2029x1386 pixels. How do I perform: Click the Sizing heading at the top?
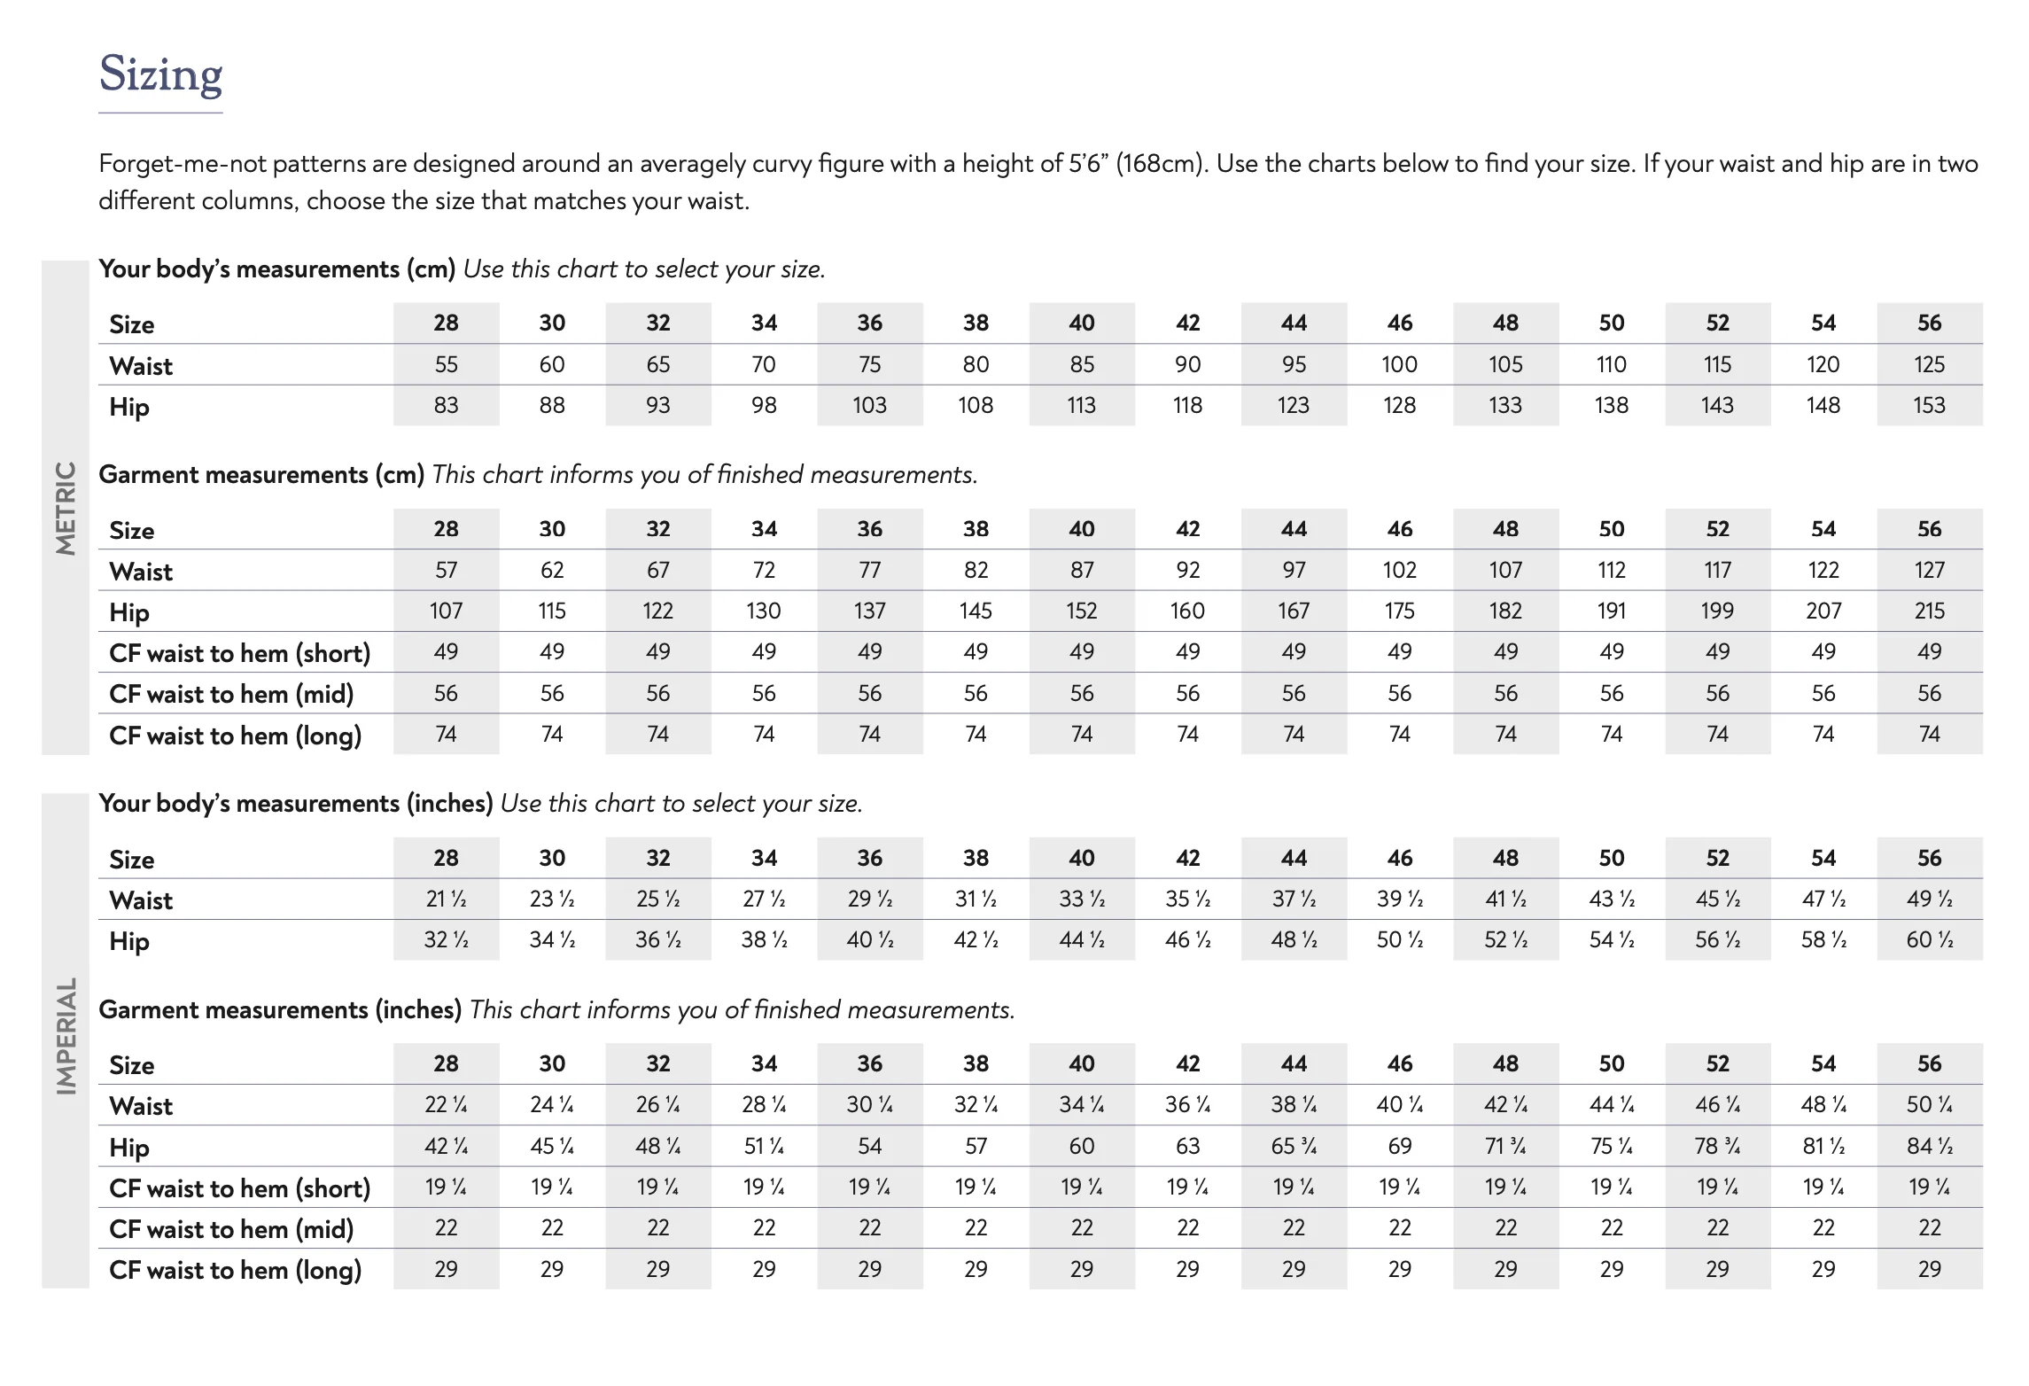pyautogui.click(x=160, y=74)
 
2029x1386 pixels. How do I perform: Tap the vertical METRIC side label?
pyautogui.click(x=66, y=508)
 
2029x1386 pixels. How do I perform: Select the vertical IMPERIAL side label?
pyautogui.click(x=66, y=1036)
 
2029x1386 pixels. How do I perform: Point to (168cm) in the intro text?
pyautogui.click(x=1161, y=164)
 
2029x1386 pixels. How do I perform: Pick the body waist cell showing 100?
pyautogui.click(x=1399, y=364)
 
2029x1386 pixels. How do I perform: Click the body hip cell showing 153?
pyautogui.click(x=1929, y=405)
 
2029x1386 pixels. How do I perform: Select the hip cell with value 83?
pyautogui.click(x=446, y=405)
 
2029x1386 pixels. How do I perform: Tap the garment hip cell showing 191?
pyautogui.click(x=1611, y=611)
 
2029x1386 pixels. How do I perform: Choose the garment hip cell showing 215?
pyautogui.click(x=1929, y=611)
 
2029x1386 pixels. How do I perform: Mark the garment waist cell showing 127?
pyautogui.click(x=1929, y=570)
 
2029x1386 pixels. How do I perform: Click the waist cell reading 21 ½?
pyautogui.click(x=446, y=899)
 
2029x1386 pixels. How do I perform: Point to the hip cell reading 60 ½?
pyautogui.click(x=1929, y=939)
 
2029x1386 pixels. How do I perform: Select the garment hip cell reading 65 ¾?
pyautogui.click(x=1294, y=1146)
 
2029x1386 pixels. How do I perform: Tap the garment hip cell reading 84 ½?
pyautogui.click(x=1929, y=1146)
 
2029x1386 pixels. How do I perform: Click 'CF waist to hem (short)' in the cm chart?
pyautogui.click(x=239, y=653)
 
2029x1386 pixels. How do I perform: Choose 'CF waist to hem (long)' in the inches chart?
pyautogui.click(x=235, y=1270)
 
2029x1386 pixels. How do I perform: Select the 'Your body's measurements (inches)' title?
pyautogui.click(x=295, y=804)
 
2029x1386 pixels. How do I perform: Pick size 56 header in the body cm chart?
pyautogui.click(x=1929, y=323)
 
